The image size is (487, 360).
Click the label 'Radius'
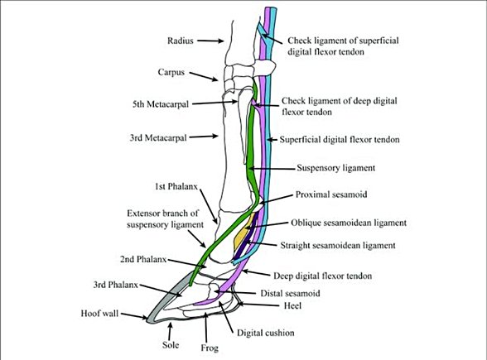pos(181,39)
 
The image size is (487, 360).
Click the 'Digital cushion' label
pos(268,334)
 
